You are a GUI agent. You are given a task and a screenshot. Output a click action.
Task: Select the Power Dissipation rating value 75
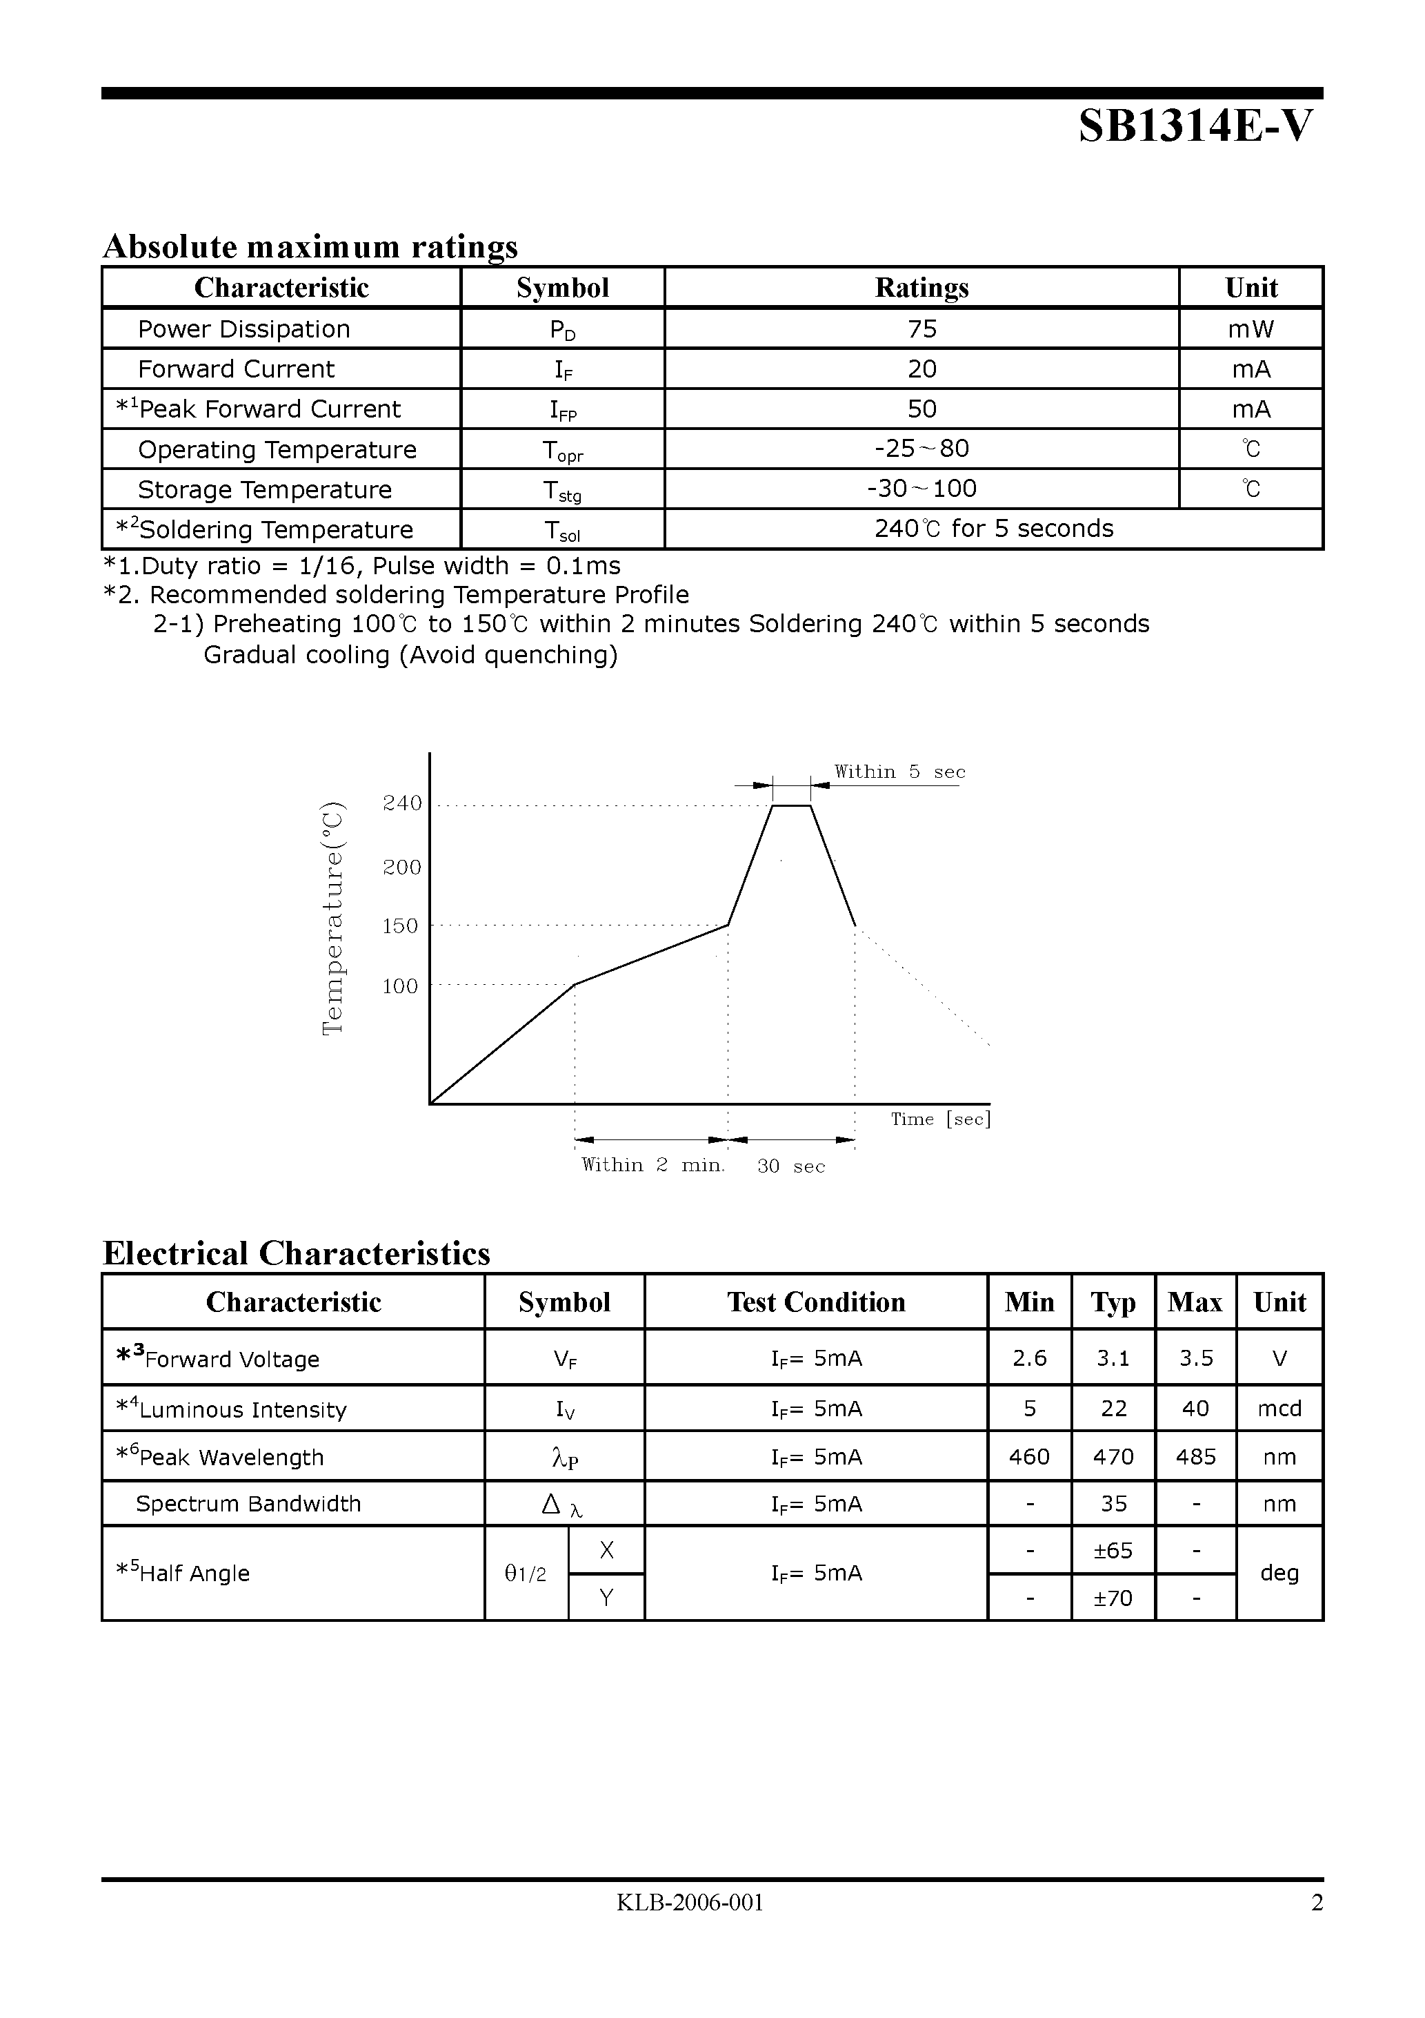[x=921, y=329]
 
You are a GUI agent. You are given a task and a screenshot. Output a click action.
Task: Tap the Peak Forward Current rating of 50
[x=921, y=409]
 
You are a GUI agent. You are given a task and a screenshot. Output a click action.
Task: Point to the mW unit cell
[x=1250, y=329]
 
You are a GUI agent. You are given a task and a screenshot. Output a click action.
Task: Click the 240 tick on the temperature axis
[x=402, y=803]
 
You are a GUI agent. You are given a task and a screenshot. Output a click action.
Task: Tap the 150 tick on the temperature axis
[x=401, y=926]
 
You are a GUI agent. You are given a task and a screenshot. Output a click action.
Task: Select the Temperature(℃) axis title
[x=333, y=919]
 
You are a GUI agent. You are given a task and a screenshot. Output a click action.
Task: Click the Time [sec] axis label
[x=940, y=1119]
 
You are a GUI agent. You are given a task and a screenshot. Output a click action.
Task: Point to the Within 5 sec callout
[x=899, y=772]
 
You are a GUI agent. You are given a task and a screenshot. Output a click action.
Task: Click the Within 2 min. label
[x=652, y=1166]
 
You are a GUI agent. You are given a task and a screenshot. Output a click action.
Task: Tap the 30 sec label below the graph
[x=790, y=1166]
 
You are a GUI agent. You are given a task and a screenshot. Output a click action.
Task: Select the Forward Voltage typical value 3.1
[x=1113, y=1359]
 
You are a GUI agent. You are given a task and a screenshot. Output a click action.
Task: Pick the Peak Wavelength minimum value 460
[x=1029, y=1457]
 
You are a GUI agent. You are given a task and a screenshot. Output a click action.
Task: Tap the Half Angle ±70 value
[x=1113, y=1598]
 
